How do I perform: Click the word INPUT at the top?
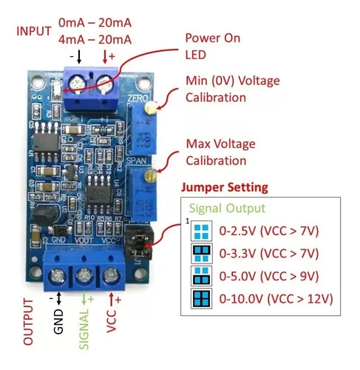pyautogui.click(x=34, y=31)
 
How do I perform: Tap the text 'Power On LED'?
pyautogui.click(x=213, y=46)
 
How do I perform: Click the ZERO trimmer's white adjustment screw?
pyautogui.click(x=151, y=108)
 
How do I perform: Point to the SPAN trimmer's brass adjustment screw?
pyautogui.click(x=150, y=175)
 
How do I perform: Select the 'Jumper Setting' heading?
pyautogui.click(x=225, y=187)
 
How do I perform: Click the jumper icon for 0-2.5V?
pyautogui.click(x=201, y=231)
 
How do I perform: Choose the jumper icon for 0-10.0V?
pyautogui.click(x=202, y=298)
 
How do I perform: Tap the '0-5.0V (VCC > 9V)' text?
pyautogui.click(x=269, y=276)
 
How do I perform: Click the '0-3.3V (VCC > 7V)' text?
pyautogui.click(x=269, y=253)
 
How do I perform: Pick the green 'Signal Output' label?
pyautogui.click(x=227, y=209)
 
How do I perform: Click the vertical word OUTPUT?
pyautogui.click(x=28, y=322)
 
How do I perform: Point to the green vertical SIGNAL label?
pyautogui.click(x=84, y=329)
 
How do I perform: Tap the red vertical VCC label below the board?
pyautogui.click(x=111, y=321)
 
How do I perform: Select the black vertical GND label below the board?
pyautogui.click(x=58, y=322)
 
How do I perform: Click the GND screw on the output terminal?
pyautogui.click(x=57, y=276)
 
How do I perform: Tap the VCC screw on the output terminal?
pyautogui.click(x=111, y=276)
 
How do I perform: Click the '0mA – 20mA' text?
pyautogui.click(x=95, y=23)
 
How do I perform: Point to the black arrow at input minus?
pyautogui.click(x=79, y=57)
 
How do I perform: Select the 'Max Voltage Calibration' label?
pyautogui.click(x=220, y=152)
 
